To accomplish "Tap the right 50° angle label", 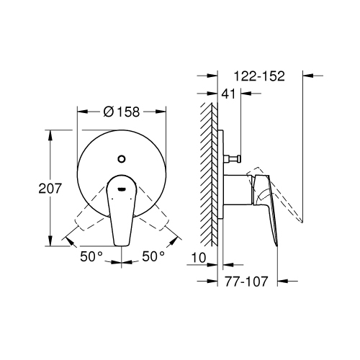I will point(153,256).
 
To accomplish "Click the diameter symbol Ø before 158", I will point(108,112).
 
